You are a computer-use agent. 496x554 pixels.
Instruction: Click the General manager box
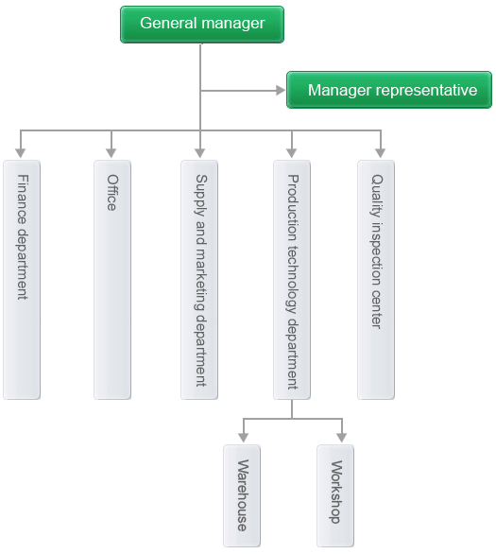202,25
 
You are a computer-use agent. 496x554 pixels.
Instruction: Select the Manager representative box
389,90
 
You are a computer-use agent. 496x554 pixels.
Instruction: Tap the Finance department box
22,280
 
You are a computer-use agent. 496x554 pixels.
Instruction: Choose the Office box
112,280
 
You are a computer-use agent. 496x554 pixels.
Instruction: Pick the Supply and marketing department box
199,280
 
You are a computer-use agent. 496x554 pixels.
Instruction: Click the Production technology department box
292,280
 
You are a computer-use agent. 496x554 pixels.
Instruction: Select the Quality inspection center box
376,280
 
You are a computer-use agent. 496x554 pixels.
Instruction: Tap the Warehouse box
242,495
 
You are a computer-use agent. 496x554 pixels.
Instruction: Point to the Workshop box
335,495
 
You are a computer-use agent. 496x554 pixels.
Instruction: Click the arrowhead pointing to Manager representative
281,91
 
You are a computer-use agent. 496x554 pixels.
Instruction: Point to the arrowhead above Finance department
21,153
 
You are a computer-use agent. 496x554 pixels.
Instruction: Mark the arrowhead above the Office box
111,153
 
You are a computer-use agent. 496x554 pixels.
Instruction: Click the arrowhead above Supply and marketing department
199,153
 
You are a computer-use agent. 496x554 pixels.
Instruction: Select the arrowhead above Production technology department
292,153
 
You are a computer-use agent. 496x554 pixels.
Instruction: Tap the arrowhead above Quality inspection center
380,153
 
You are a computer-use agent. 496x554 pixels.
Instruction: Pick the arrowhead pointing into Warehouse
243,438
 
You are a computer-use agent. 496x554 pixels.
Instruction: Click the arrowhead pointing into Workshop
341,438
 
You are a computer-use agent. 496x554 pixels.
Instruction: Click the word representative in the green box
426,91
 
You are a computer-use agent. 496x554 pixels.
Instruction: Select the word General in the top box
168,24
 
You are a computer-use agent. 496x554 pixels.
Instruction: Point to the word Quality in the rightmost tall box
377,196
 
